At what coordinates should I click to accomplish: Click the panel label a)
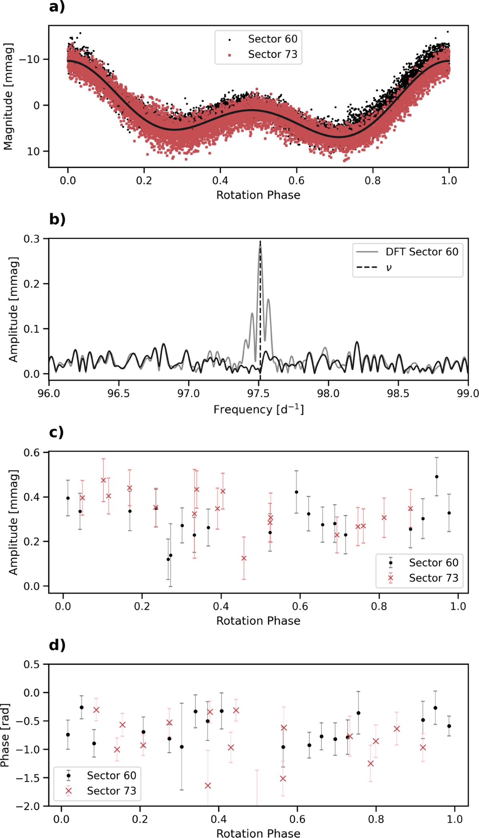57,7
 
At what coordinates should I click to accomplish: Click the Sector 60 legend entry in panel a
263,39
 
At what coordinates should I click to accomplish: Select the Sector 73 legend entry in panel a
263,54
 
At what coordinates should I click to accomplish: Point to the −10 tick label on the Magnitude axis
29,59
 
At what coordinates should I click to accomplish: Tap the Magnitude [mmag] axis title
8,97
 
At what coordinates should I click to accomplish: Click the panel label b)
57,220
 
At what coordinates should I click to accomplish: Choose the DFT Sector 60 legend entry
408,252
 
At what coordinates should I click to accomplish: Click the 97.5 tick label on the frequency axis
259,393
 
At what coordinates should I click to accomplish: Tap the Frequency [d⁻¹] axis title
259,410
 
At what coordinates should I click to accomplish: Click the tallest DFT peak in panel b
260,246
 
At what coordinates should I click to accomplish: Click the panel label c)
56,433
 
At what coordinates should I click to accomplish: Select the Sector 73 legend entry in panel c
424,578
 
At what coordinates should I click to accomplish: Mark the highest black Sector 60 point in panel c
437,477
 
